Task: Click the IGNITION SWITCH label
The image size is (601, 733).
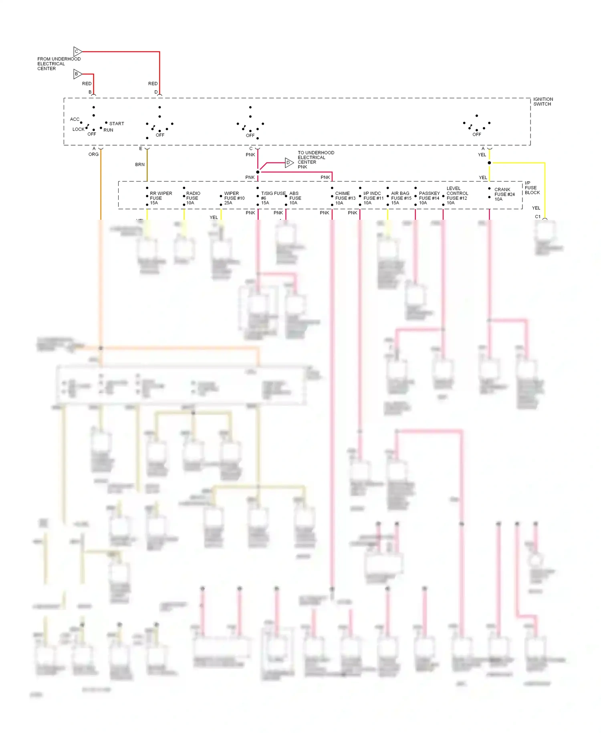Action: pyautogui.click(x=543, y=101)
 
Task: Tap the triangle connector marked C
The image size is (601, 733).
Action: pyautogui.click(x=77, y=51)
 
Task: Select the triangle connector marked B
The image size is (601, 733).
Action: pyautogui.click(x=77, y=74)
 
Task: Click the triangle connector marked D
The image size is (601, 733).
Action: pyautogui.click(x=289, y=162)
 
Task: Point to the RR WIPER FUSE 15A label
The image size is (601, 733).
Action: pyautogui.click(x=161, y=198)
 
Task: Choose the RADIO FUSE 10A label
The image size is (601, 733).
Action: pyautogui.click(x=193, y=198)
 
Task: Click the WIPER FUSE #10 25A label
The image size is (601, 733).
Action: pyautogui.click(x=234, y=198)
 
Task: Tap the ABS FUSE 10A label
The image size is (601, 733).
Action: pyautogui.click(x=295, y=198)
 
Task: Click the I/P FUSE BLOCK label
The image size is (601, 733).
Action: pyautogui.click(x=532, y=188)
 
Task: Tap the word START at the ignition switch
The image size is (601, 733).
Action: pyautogui.click(x=117, y=124)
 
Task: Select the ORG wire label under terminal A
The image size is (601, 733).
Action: pyautogui.click(x=93, y=154)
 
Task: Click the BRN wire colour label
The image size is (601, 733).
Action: pyautogui.click(x=140, y=164)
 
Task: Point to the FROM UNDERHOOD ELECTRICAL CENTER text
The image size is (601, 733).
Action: pyautogui.click(x=58, y=64)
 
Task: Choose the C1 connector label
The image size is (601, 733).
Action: pyautogui.click(x=538, y=217)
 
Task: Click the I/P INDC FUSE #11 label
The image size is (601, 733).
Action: pyautogui.click(x=373, y=198)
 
